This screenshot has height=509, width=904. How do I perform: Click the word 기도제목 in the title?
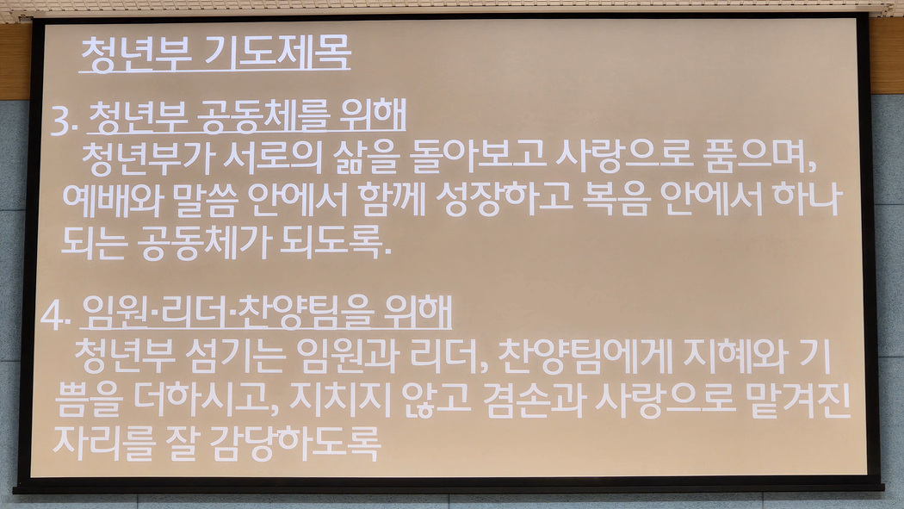pos(278,54)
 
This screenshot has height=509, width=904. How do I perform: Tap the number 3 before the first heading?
pos(61,121)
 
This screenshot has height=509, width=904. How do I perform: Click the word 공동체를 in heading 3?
pos(263,116)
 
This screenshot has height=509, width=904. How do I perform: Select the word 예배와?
pos(113,200)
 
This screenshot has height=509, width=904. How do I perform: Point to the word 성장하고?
pos(504,200)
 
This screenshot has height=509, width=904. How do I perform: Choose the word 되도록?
pos(335,242)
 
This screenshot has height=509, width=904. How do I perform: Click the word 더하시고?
pos(206,399)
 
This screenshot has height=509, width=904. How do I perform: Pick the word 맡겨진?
pos(798,400)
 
